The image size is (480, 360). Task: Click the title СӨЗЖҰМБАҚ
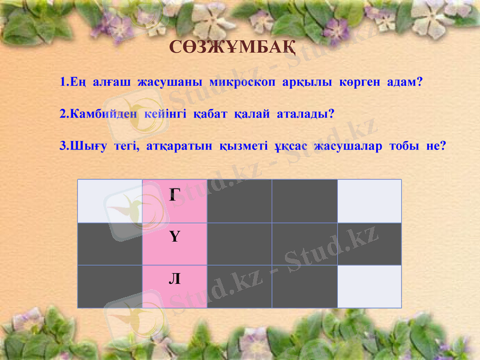(x=232, y=47)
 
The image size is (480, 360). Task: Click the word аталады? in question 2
(x=305, y=113)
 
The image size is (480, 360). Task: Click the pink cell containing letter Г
(x=175, y=201)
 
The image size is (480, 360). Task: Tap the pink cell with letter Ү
(x=175, y=244)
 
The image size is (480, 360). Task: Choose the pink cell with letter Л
(x=175, y=287)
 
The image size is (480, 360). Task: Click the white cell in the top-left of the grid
(x=110, y=201)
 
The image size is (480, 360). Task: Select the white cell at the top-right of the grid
(x=369, y=201)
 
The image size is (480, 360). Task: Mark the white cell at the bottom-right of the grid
(x=369, y=287)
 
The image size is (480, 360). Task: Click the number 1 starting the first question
(x=64, y=82)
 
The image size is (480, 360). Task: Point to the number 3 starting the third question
(x=64, y=145)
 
